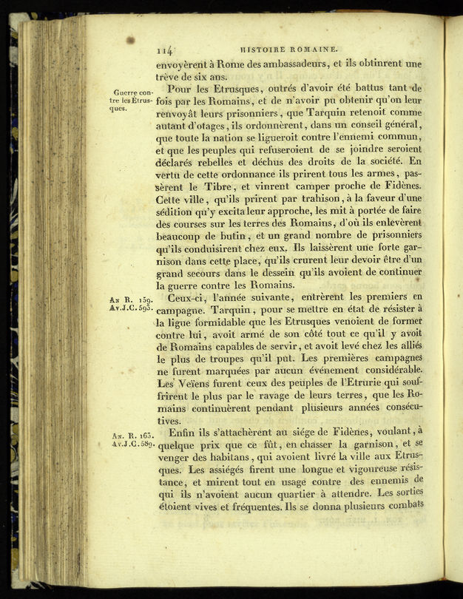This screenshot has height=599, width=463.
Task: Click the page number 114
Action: [x=165, y=50]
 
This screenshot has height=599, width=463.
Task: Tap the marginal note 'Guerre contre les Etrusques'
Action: [x=131, y=99]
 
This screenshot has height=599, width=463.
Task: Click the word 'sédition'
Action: [x=180, y=214]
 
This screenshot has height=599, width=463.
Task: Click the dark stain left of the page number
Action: [x=130, y=39]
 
